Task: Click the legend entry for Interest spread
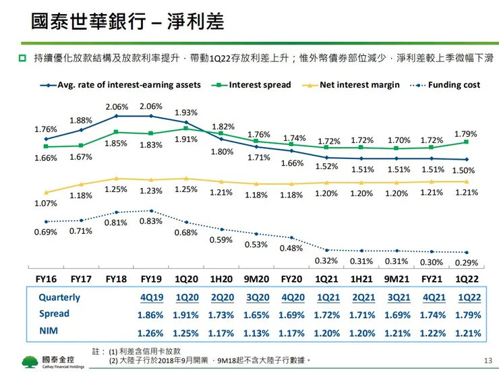(x=260, y=85)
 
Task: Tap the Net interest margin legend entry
(x=359, y=85)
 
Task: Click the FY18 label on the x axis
(x=117, y=278)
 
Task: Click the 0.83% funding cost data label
(x=150, y=221)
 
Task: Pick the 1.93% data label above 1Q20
(x=186, y=112)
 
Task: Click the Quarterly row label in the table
(x=59, y=297)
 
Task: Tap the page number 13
(x=488, y=361)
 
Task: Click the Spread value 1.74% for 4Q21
(x=432, y=314)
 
